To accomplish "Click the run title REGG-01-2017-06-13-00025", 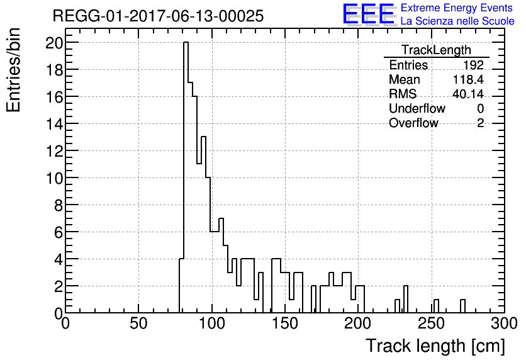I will point(158,16).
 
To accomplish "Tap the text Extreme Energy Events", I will point(456,8).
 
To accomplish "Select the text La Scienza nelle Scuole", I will point(457,21).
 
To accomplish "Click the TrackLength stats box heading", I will point(436,50).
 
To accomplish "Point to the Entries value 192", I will point(473,65).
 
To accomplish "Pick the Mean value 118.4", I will point(467,80).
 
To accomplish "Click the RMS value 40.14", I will point(467,94).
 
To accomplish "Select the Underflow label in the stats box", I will point(417,108).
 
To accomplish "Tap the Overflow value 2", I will point(480,123).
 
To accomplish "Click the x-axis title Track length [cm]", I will point(435,346).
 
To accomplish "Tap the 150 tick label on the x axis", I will point(285,323).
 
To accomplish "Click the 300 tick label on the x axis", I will point(504,323).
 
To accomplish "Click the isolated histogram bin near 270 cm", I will point(462,306).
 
